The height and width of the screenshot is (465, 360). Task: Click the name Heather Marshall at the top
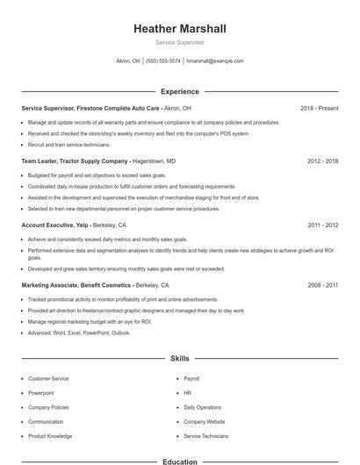click(180, 29)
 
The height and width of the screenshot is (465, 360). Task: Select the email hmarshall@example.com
click(215, 61)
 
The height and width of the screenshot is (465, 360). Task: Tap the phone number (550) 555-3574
click(163, 61)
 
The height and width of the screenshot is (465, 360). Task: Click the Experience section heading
click(180, 91)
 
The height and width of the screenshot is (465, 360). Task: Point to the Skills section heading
click(180, 359)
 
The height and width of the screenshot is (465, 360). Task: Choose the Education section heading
click(180, 461)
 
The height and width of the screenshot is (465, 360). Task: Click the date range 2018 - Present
click(319, 108)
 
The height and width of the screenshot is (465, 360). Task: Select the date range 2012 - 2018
click(322, 161)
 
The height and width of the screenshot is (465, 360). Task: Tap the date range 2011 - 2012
click(322, 225)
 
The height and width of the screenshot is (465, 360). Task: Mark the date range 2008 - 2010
click(322, 286)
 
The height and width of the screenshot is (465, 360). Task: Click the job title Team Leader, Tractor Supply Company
click(76, 161)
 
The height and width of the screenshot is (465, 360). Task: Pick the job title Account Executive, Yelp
click(57, 225)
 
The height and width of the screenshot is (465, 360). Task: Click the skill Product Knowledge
click(50, 435)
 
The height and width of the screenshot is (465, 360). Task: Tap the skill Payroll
click(192, 378)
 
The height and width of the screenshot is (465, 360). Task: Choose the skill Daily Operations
click(202, 407)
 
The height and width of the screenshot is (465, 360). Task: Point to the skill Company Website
click(204, 421)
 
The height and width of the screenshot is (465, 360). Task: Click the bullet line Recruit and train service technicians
click(69, 144)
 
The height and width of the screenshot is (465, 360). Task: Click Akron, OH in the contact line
click(128, 61)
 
